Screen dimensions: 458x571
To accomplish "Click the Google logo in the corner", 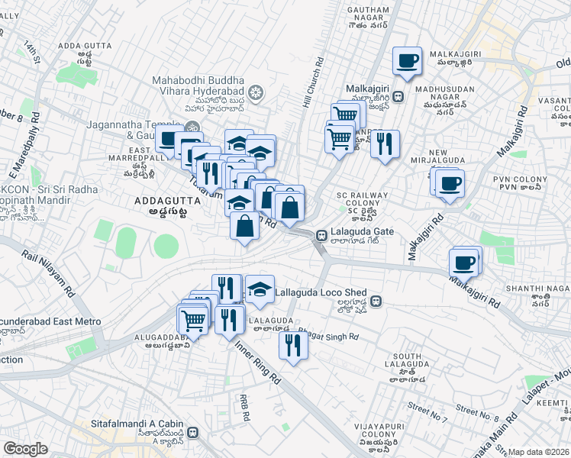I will click(x=25, y=449).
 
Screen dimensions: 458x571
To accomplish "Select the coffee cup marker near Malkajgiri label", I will click(x=407, y=60).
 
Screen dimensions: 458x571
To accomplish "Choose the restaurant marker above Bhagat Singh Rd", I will click(x=292, y=345).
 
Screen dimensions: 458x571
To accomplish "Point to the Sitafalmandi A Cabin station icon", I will click(x=194, y=431).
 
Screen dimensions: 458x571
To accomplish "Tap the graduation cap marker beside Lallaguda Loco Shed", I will click(x=260, y=288).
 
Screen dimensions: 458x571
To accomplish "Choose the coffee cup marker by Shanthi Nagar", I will click(x=463, y=263).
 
